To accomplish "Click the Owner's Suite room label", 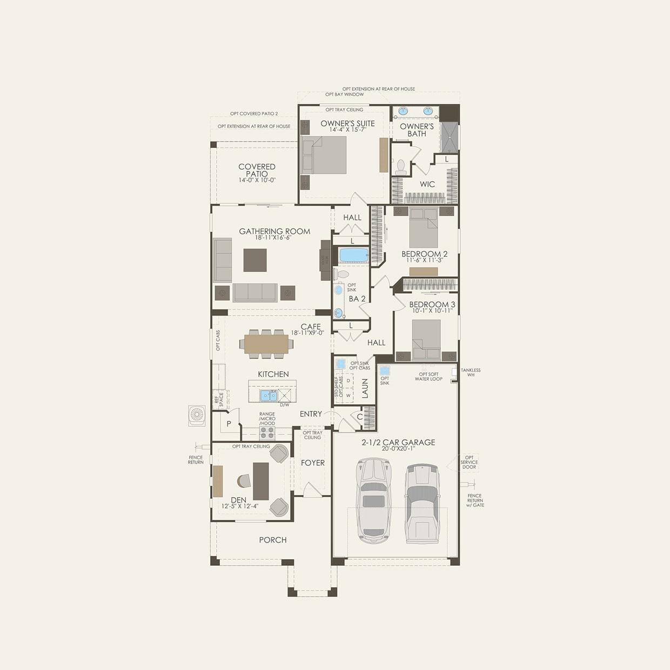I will [x=347, y=123].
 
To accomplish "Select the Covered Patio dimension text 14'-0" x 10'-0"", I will [x=257, y=180].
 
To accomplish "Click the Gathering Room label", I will [x=274, y=231].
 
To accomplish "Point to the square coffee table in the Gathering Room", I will [x=255, y=260].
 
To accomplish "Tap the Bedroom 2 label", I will [x=424, y=254].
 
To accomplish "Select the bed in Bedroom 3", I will [x=426, y=339].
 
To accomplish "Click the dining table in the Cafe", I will [x=266, y=344].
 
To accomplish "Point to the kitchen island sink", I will [x=269, y=396].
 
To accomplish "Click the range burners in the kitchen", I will [x=267, y=433].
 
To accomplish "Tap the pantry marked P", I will [x=229, y=424].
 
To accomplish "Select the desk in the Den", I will [x=261, y=481].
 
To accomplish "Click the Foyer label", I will [x=313, y=463].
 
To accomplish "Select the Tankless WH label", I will [x=471, y=372].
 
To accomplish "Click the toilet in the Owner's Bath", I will [x=401, y=166].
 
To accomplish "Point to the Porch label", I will [x=273, y=540].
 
